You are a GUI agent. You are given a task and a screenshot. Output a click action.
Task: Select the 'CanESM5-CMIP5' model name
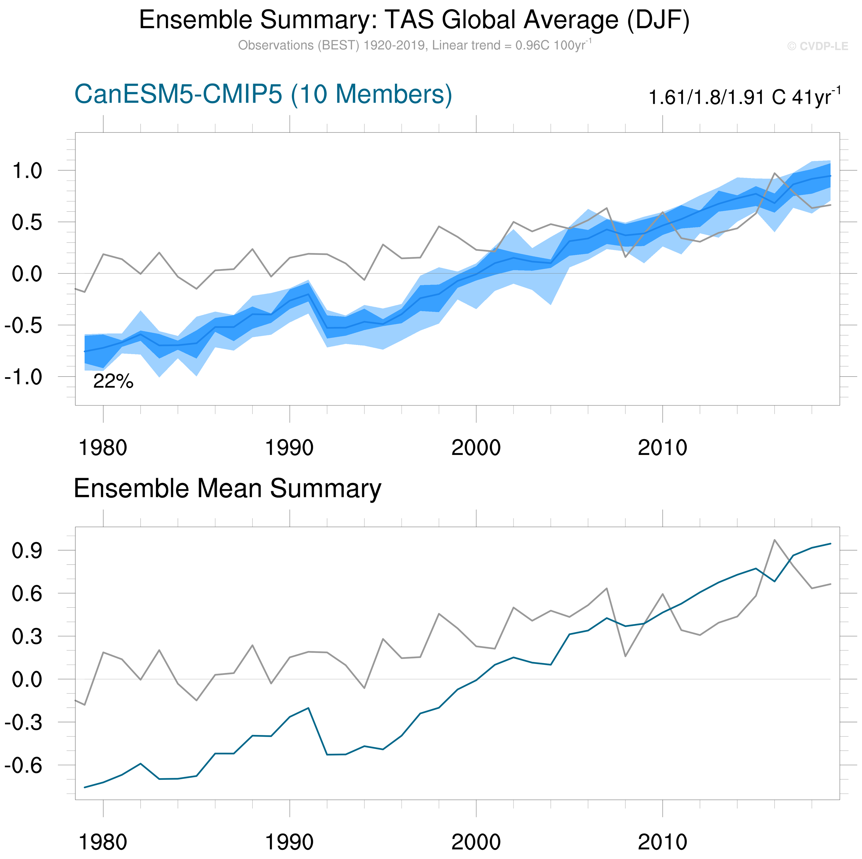coord(178,94)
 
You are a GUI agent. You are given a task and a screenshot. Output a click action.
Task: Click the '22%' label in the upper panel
coord(113,381)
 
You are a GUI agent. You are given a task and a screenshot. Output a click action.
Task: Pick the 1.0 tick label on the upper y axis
coord(27,171)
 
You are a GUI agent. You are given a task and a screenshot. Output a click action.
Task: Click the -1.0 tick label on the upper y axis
coord(23,377)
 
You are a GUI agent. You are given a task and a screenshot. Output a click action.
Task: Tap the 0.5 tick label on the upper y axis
coord(27,222)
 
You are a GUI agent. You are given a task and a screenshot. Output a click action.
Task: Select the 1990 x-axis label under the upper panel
coord(290,448)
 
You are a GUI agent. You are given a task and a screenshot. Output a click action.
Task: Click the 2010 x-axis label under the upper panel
coord(662,448)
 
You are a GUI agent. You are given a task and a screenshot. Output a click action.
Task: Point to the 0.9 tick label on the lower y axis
coord(27,551)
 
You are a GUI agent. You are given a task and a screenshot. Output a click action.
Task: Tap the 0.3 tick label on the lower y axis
coord(27,637)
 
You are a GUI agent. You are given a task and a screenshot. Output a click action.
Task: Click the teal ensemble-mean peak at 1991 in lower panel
coord(308,708)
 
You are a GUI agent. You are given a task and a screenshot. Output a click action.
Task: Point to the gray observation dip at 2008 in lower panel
coord(626,656)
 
